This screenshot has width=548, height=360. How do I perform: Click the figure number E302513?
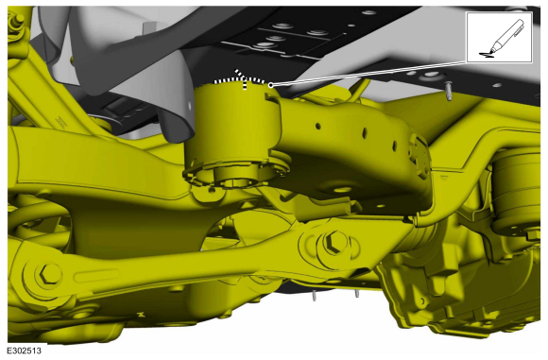point(25,351)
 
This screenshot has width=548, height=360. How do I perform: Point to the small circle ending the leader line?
point(270,85)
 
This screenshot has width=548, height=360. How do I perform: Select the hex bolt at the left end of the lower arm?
point(51,273)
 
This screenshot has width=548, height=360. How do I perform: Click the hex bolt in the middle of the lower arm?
point(334,243)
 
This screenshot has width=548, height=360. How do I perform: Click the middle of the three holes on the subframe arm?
point(365,133)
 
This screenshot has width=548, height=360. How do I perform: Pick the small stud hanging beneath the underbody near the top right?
point(449,90)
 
